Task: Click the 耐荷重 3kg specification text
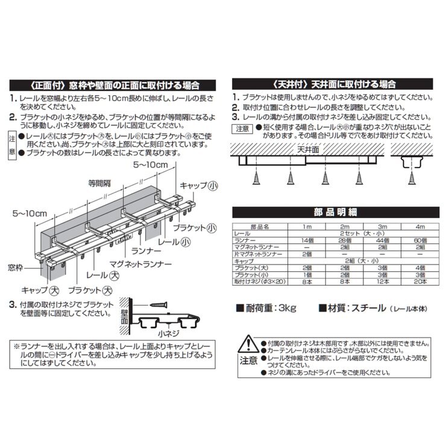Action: (267, 309)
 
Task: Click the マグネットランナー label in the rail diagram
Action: (140, 263)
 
